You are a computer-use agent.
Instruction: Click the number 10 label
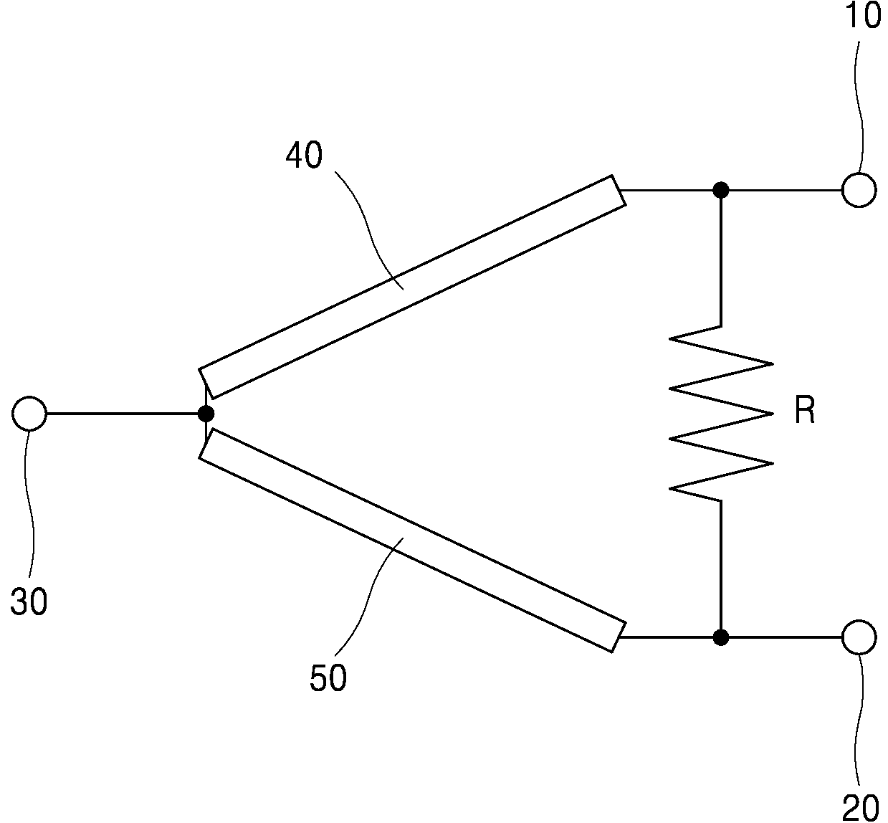click(862, 16)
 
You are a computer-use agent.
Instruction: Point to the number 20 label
click(861, 808)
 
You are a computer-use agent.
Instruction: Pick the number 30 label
click(29, 601)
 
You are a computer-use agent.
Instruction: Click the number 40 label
click(304, 155)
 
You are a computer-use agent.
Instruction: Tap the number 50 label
click(328, 677)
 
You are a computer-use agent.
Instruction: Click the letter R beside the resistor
click(805, 411)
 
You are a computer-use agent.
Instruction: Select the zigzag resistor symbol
click(721, 414)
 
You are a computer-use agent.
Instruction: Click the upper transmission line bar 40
click(412, 287)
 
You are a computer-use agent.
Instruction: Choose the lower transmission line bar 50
click(412, 541)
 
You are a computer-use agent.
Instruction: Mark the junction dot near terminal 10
click(721, 190)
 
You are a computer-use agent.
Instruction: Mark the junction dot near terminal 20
click(721, 637)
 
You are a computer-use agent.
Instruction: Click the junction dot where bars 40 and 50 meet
click(206, 414)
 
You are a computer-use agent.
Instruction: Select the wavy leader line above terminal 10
click(859, 108)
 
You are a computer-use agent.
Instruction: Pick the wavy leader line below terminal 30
click(29, 503)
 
